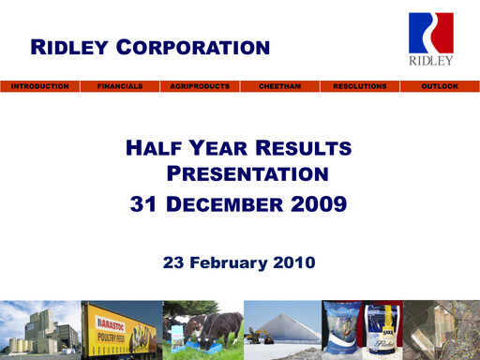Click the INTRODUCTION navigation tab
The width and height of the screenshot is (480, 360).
tap(39, 86)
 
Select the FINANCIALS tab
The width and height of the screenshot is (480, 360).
tap(120, 86)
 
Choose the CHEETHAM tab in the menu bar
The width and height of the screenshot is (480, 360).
tap(279, 86)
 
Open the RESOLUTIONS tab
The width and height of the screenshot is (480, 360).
tap(360, 86)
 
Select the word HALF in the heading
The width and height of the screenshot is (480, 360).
tap(154, 148)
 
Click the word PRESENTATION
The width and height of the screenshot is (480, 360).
tap(247, 173)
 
